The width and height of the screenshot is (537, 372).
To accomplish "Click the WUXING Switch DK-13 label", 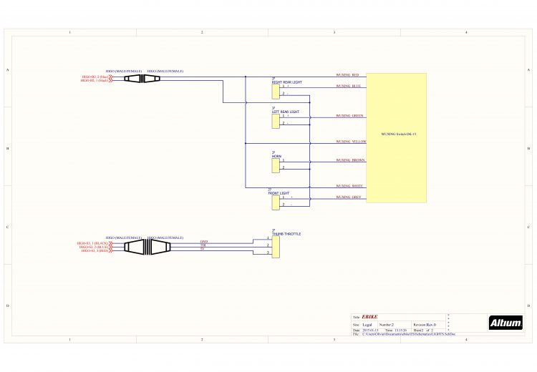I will (399, 134).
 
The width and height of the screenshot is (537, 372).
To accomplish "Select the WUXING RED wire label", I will (347, 75).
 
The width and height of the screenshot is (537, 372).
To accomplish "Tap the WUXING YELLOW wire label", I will (351, 142).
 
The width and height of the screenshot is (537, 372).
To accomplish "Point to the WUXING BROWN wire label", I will (351, 160).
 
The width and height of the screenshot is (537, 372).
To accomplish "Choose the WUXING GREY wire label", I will (349, 197).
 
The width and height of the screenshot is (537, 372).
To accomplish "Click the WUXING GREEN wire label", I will (350, 115).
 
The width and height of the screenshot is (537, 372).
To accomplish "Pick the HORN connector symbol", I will (276, 165).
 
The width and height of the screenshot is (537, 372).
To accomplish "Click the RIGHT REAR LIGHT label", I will (286, 82).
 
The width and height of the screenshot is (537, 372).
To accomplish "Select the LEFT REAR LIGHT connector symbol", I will (276, 120).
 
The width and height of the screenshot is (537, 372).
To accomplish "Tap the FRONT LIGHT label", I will (279, 193).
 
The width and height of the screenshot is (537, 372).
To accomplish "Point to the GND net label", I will (203, 242).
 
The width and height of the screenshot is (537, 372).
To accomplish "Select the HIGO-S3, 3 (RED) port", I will (95, 250).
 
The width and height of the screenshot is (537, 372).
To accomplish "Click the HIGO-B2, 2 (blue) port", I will (95, 77).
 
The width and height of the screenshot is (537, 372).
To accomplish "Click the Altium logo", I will (505, 323).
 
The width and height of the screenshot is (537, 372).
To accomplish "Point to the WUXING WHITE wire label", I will (349, 186).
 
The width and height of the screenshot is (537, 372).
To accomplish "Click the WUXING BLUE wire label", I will (348, 86).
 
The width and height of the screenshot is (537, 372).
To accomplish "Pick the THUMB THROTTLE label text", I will (286, 234).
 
